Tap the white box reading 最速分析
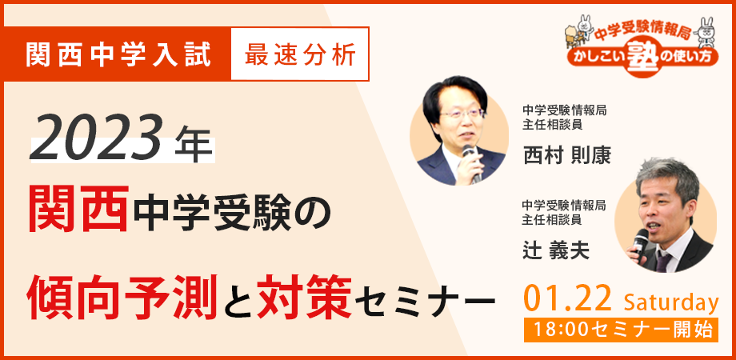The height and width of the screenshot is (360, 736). coord(300,54)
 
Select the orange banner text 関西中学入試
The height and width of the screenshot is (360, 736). coord(119,54)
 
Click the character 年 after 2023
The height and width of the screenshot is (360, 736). coord(194,146)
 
